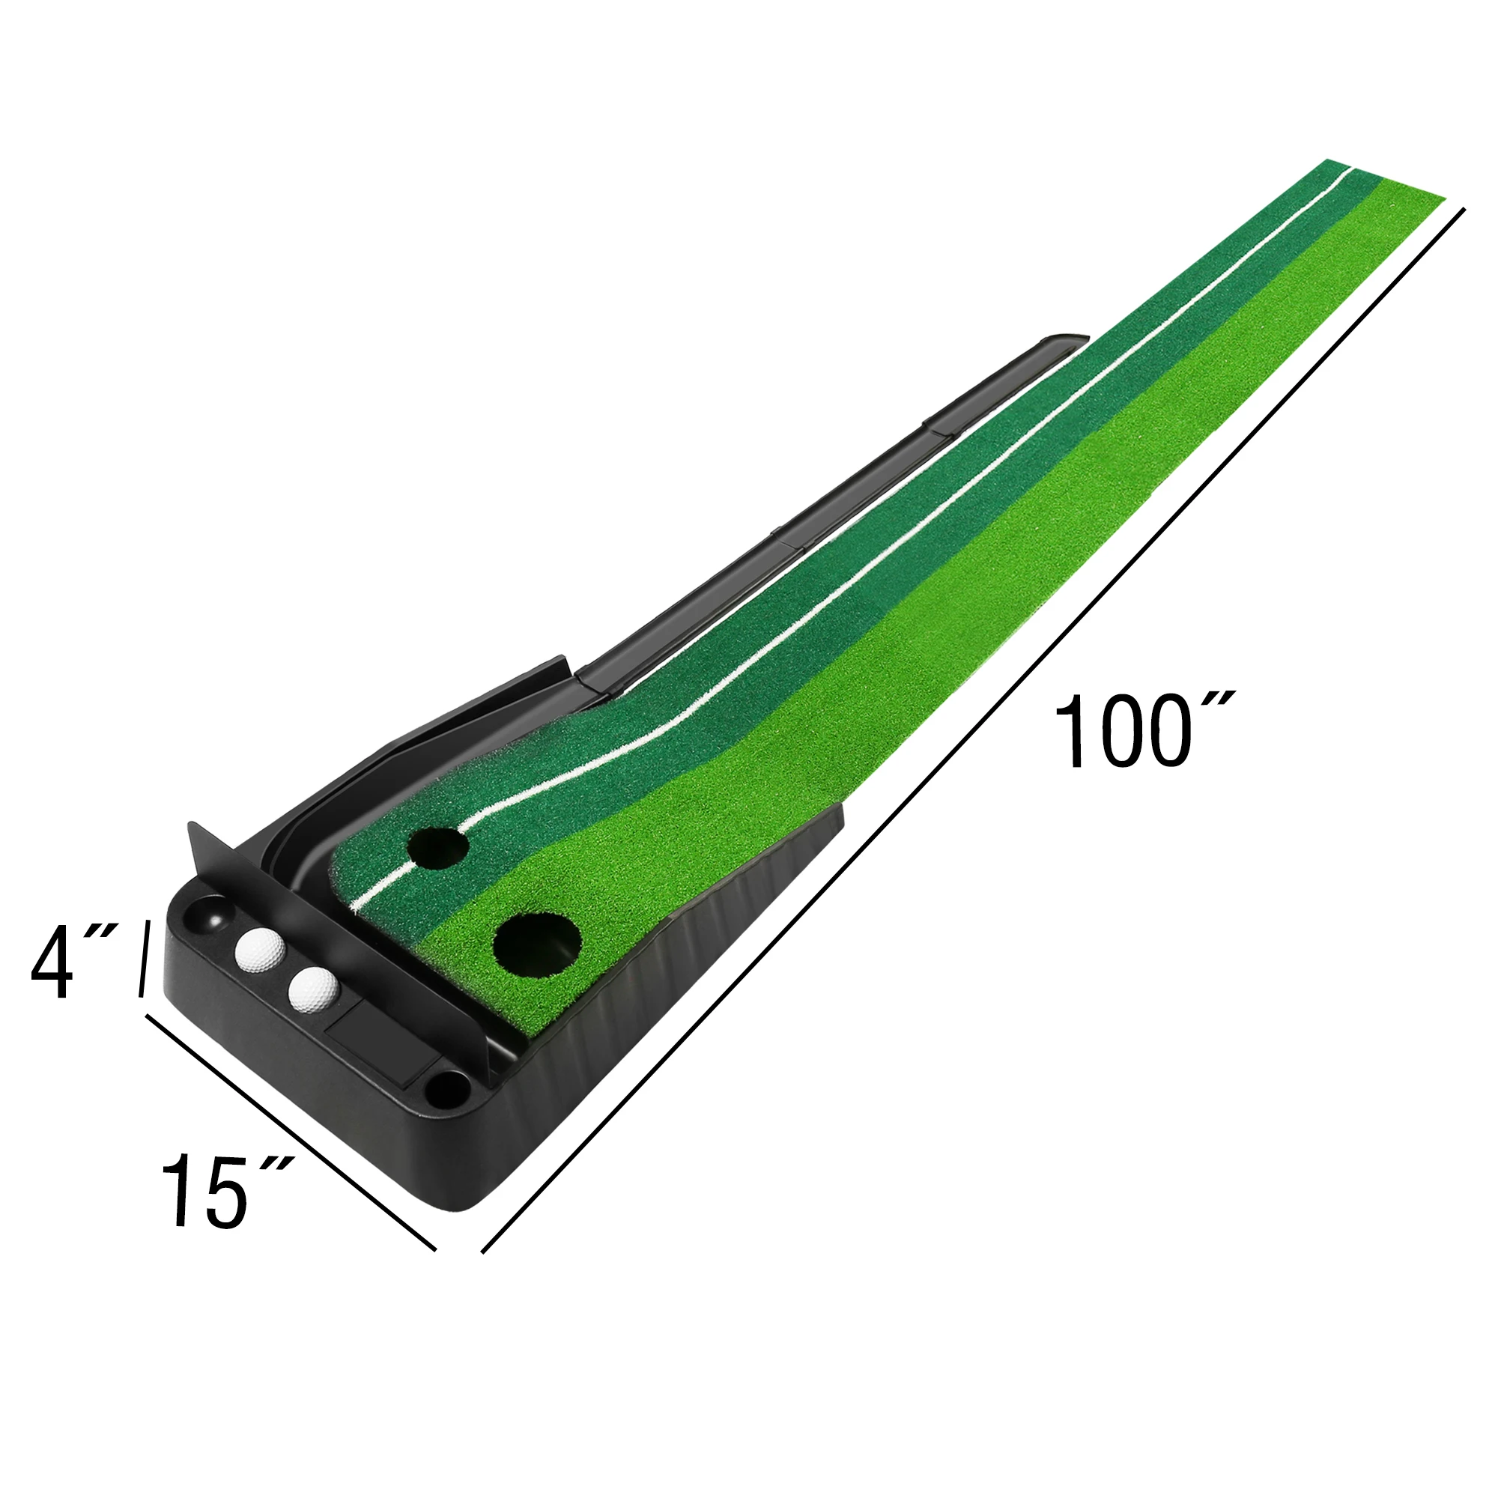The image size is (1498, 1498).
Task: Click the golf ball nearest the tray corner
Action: [260, 949]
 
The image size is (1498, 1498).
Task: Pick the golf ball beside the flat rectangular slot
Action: [313, 989]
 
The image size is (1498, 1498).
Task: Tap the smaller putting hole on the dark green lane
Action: [439, 847]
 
